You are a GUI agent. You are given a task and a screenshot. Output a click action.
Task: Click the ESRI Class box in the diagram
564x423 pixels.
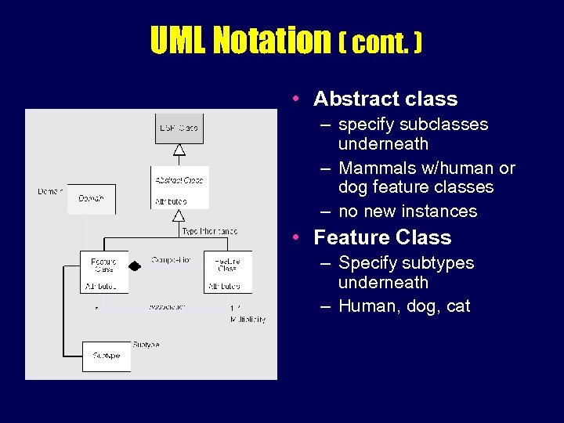(x=179, y=128)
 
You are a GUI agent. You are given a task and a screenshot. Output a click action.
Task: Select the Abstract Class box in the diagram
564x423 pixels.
(x=179, y=187)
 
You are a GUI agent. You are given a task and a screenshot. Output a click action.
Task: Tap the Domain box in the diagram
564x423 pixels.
(x=91, y=199)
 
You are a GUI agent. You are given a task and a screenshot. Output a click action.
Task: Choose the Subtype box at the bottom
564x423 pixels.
(x=106, y=356)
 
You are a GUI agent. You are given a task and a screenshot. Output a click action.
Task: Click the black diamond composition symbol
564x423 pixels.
(x=135, y=266)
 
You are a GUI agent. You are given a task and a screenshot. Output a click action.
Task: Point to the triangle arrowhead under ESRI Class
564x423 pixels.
(x=179, y=150)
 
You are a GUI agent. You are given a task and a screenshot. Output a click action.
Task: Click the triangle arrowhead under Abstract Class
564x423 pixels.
(x=179, y=215)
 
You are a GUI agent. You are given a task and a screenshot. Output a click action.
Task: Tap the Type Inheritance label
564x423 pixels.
(x=209, y=232)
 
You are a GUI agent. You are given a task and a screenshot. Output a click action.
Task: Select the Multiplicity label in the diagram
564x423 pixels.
(x=248, y=320)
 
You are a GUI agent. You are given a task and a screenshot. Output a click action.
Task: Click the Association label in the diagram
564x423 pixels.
(x=167, y=307)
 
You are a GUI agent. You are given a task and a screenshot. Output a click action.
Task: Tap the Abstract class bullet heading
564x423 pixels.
(x=385, y=99)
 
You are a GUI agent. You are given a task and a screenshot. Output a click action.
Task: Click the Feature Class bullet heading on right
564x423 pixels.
(x=382, y=237)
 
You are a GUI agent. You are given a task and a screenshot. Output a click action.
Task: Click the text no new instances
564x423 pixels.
(x=407, y=211)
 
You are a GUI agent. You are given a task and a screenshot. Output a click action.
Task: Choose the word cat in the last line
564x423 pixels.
(x=458, y=306)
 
